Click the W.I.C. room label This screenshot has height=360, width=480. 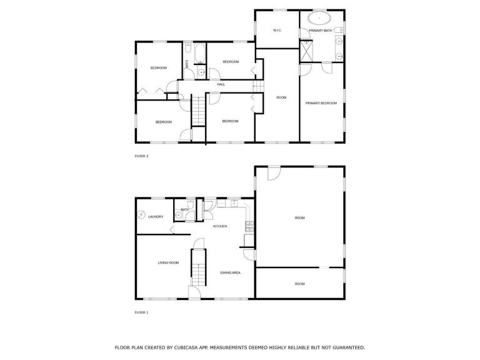(x=277, y=30)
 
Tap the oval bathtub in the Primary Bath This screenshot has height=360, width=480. (x=319, y=18)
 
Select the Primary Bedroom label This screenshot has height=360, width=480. (x=321, y=103)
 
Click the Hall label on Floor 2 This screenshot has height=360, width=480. (x=221, y=84)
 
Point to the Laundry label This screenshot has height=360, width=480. (x=156, y=217)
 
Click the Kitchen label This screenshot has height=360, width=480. (x=220, y=226)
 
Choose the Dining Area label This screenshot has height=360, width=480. (x=231, y=272)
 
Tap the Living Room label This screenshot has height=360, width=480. (x=168, y=262)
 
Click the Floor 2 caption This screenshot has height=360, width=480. (x=141, y=156)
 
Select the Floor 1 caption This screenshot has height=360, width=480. (x=141, y=312)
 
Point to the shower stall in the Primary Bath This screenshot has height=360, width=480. (x=306, y=51)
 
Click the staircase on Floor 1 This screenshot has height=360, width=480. (x=199, y=268)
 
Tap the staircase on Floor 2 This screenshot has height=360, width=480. (x=199, y=111)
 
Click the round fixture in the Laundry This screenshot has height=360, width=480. (x=141, y=214)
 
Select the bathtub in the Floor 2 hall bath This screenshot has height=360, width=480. (x=200, y=53)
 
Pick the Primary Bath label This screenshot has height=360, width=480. (x=321, y=31)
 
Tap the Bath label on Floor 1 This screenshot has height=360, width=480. (x=185, y=210)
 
